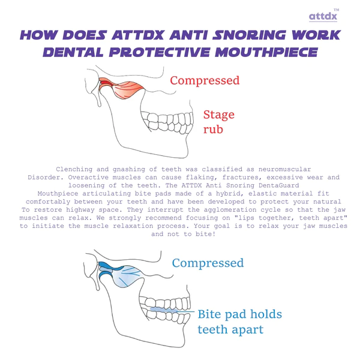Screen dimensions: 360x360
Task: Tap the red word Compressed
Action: pos(205,80)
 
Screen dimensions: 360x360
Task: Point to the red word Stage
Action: pos(218,115)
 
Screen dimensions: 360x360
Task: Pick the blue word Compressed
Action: pos(208,263)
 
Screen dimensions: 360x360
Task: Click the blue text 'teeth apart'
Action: pos(230,329)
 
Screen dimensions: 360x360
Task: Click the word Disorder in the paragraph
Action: pos(46,178)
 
